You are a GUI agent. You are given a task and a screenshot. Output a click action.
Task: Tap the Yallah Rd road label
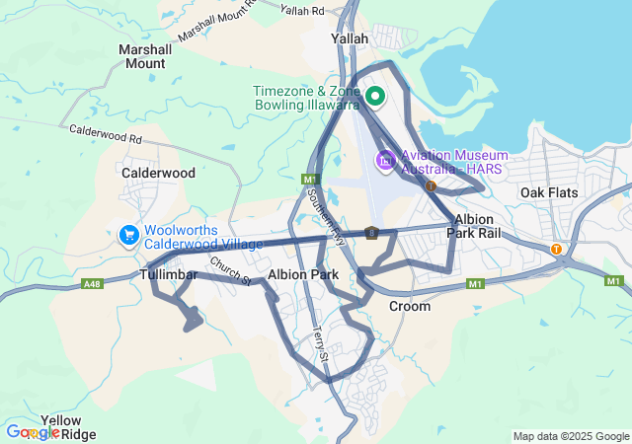[302, 11]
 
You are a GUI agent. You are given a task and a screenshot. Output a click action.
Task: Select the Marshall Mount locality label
[143, 55]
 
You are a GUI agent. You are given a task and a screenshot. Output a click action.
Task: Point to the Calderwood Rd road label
[107, 136]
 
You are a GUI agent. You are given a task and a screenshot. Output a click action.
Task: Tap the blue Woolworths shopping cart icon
[128, 235]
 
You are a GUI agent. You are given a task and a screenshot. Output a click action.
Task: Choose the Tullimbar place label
[169, 273]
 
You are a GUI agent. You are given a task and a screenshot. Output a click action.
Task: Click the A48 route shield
[92, 284]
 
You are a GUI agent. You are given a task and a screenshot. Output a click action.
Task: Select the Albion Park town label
[303, 273]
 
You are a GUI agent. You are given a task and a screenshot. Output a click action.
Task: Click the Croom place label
[409, 306]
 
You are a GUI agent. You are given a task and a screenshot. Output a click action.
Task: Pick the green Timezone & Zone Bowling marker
[375, 96]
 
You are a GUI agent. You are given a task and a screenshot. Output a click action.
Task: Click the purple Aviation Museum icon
[385, 160]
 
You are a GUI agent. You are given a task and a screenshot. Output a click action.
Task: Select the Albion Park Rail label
[475, 226]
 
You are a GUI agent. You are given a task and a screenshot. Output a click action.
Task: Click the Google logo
[32, 432]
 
